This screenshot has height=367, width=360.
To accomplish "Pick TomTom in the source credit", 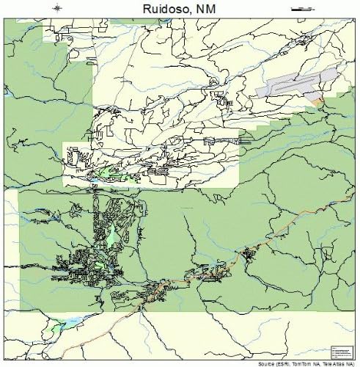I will [x=302, y=362].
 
